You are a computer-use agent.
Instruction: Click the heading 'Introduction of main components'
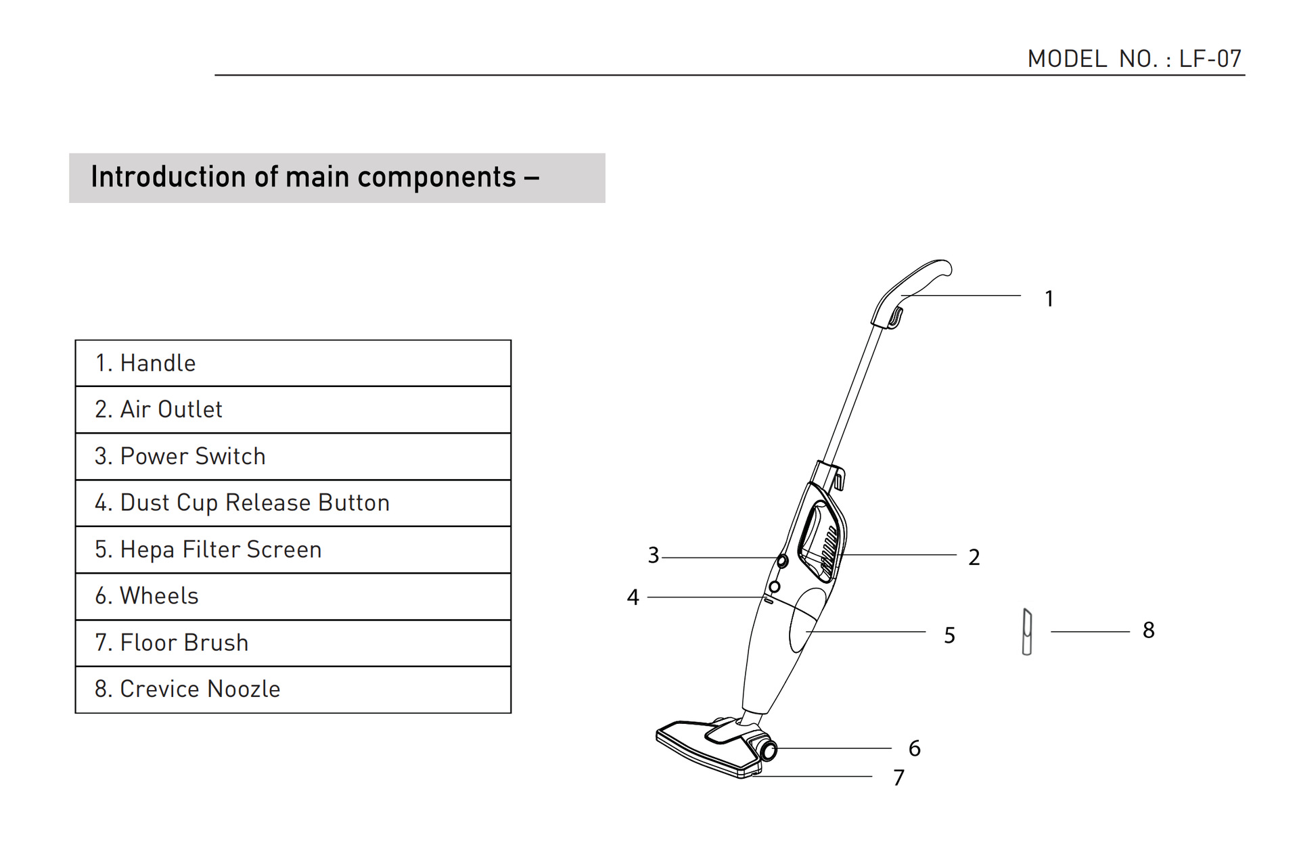click(315, 177)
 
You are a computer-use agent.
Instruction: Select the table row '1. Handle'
click(293, 363)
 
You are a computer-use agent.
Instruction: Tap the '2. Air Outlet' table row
click(293, 410)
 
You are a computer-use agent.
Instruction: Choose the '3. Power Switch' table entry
click(293, 457)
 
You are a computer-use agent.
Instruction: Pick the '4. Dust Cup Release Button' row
click(293, 503)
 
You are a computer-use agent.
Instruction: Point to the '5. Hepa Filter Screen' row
click(293, 549)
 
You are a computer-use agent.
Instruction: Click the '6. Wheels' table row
click(293, 596)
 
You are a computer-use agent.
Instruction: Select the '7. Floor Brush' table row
click(293, 643)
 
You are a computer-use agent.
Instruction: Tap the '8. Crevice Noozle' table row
click(293, 689)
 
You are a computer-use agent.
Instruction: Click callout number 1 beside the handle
click(1049, 298)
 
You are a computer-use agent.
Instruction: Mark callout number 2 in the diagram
click(974, 557)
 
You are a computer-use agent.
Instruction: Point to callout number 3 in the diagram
click(653, 555)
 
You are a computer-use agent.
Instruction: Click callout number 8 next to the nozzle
click(1148, 631)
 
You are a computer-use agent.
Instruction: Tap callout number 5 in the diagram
click(949, 635)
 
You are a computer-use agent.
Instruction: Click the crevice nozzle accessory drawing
click(1027, 632)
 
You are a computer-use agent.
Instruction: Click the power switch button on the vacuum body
click(782, 561)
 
